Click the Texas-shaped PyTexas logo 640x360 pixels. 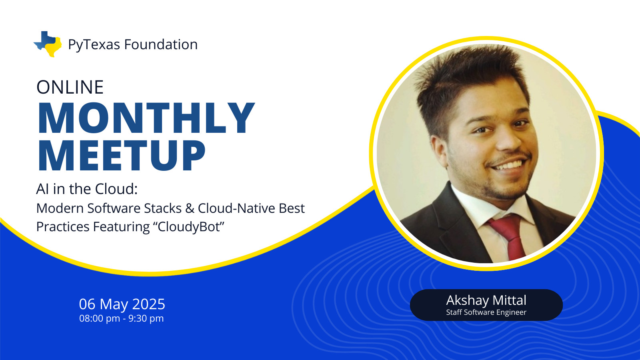click(48, 44)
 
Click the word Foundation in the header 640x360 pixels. click(161, 44)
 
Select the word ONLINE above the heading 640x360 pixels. click(70, 87)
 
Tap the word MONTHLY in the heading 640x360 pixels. click(146, 118)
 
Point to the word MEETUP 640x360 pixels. click(122, 155)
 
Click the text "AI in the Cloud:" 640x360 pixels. click(87, 189)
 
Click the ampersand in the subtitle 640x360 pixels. click(190, 208)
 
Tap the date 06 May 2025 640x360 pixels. click(122, 304)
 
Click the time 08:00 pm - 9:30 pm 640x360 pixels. click(122, 318)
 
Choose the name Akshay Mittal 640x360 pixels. click(486, 300)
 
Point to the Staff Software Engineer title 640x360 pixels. click(486, 312)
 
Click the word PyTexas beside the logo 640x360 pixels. click(94, 45)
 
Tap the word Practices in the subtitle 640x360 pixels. click(63, 226)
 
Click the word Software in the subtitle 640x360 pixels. click(114, 208)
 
